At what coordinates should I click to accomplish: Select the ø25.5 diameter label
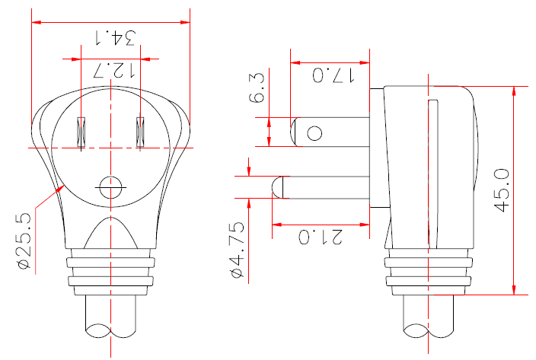point(23,241)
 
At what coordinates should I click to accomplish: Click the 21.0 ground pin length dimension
point(321,237)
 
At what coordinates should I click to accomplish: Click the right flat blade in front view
point(139,132)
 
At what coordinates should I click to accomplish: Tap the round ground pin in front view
point(111,186)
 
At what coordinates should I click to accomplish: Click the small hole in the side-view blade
point(314,133)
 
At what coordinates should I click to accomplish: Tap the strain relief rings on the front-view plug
point(111,273)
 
